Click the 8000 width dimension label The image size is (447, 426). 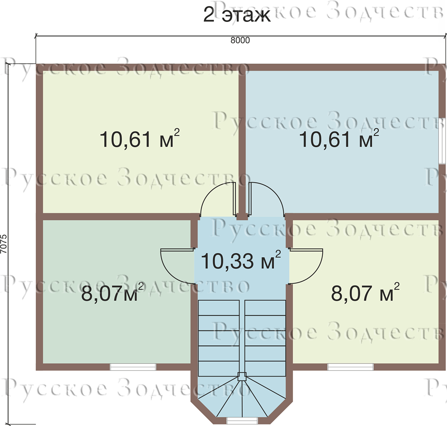240,41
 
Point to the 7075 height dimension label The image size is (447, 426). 4,244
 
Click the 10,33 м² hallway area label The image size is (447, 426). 241,260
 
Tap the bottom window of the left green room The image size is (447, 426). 133,367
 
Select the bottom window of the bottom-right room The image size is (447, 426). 351,367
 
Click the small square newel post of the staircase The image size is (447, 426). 242,377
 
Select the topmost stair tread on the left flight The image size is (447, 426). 219,308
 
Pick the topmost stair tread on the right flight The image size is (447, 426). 265,308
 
